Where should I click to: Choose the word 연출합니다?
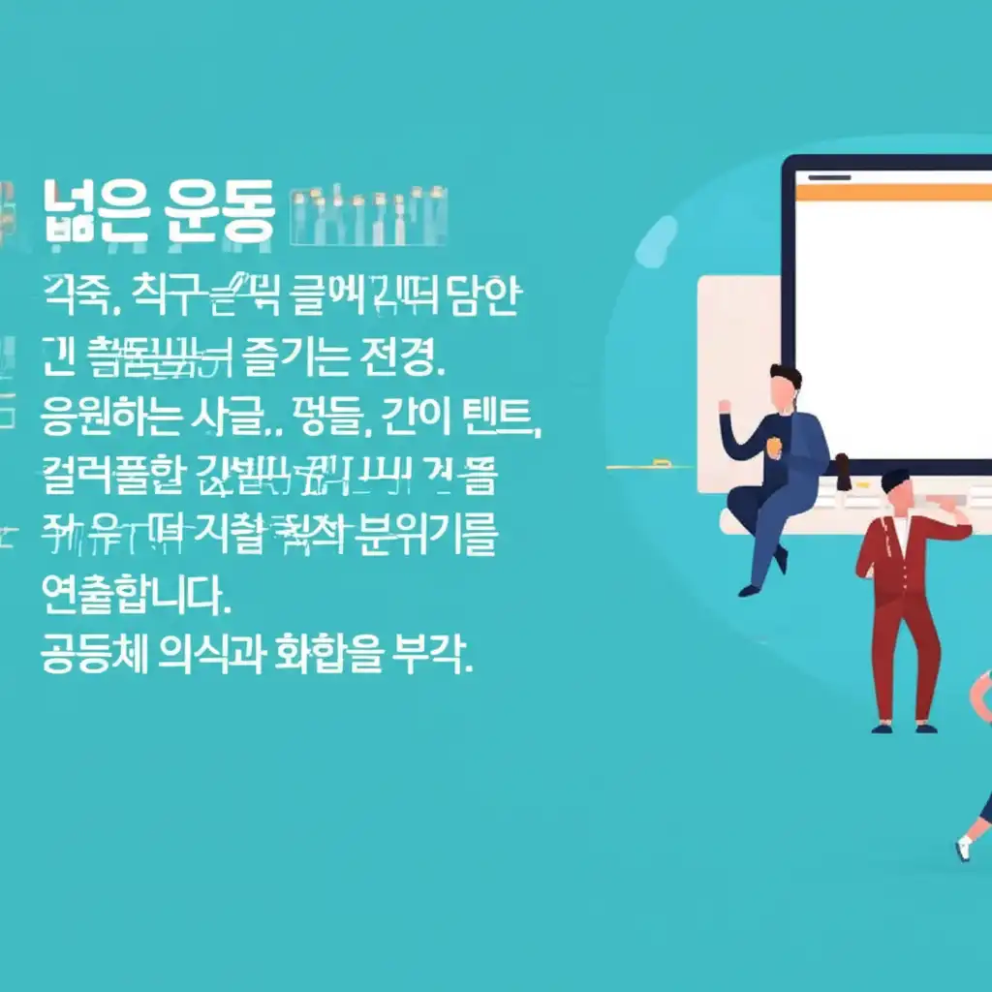(137, 595)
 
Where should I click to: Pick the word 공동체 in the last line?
(93, 655)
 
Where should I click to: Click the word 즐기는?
(304, 357)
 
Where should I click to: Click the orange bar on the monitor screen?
(892, 193)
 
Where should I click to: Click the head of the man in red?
(897, 492)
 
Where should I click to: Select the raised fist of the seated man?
(725, 404)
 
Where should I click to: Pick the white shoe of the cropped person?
(962, 848)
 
